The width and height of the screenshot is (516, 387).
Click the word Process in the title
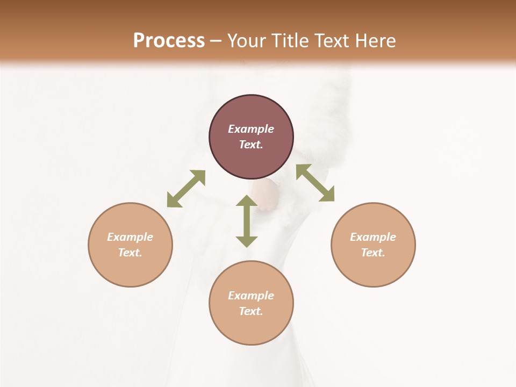(169, 41)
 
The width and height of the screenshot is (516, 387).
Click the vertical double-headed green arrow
(247, 221)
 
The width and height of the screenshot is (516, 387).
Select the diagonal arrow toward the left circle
(186, 189)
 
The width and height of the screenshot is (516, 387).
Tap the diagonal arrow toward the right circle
(315, 183)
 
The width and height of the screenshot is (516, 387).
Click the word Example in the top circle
(251, 129)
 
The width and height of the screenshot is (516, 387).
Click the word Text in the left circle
(130, 253)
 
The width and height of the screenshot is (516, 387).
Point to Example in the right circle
(373, 237)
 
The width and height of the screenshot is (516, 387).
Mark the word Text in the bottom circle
(251, 311)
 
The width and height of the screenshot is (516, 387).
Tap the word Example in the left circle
(130, 237)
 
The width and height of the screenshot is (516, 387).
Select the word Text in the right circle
(373, 253)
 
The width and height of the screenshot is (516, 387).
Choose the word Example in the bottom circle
(251, 296)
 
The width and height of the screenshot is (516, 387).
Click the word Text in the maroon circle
(251, 145)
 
